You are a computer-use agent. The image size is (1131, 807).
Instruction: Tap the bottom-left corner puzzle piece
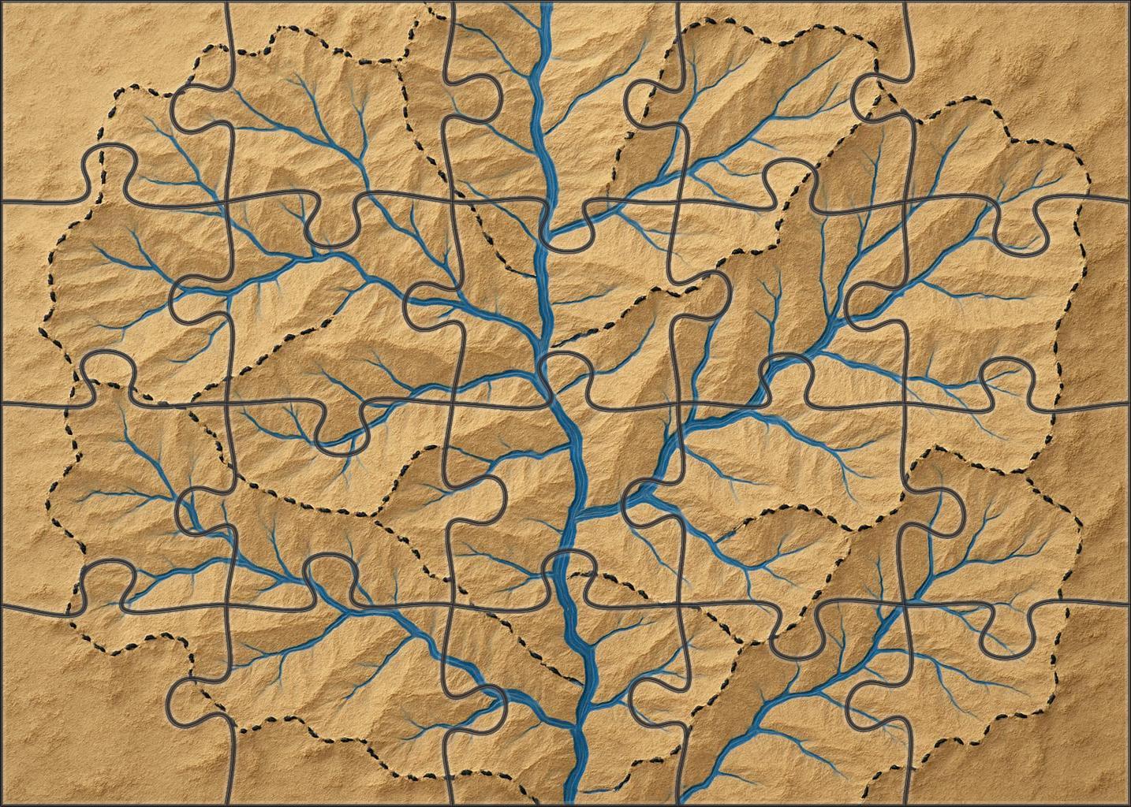tap(110, 709)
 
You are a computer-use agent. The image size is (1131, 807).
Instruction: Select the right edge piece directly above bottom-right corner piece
tap(1025, 504)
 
